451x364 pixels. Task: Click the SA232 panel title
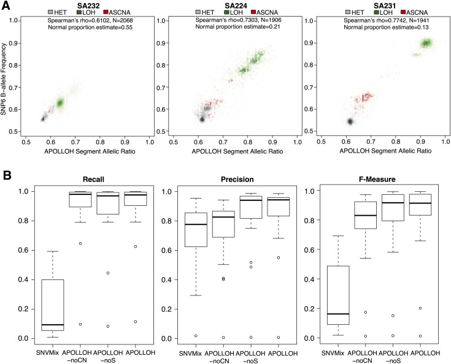pos(88,6)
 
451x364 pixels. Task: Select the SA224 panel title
pos(236,6)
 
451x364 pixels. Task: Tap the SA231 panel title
pos(385,6)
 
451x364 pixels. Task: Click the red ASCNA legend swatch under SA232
pos(106,12)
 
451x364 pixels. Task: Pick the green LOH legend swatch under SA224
pos(226,12)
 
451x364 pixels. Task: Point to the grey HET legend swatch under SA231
pos(348,12)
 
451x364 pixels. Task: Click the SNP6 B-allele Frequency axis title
pos(4,79)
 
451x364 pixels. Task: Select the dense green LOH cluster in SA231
pos(426,43)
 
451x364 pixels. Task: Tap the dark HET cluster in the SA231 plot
pos(350,121)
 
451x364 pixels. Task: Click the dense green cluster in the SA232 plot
pos(60,102)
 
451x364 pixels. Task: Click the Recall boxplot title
pos(93,180)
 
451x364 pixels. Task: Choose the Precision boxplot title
pos(237,180)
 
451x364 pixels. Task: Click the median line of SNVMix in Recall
pos(53,325)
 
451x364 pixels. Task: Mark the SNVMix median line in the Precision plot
pos(196,224)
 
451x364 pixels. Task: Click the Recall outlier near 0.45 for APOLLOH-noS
pos(108,273)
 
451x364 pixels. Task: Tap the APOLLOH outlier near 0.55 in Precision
pos(279,258)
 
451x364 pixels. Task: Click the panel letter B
pos(7,175)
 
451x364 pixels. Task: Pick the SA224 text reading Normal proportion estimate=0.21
pos(238,27)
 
